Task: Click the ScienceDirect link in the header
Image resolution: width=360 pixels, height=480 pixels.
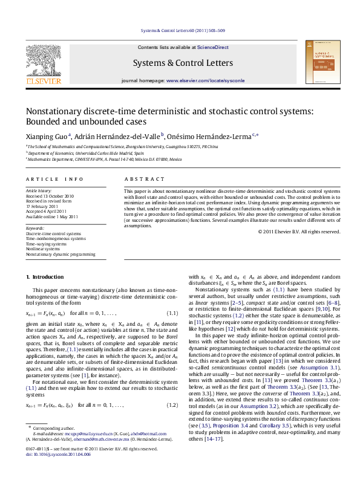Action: (x=212, y=47)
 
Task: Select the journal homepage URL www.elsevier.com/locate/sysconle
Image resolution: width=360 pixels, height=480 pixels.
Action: (x=206, y=80)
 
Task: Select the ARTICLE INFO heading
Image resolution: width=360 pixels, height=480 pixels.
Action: (x=54, y=180)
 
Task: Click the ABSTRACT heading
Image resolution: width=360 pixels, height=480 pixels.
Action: (x=140, y=180)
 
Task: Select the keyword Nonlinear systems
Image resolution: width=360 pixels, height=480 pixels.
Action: (x=42, y=248)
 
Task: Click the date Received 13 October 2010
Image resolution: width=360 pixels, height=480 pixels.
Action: (x=50, y=196)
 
